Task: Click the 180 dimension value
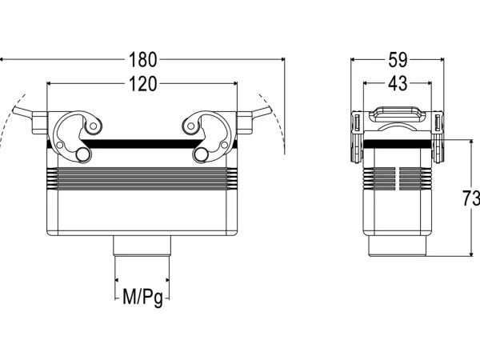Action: [142, 60]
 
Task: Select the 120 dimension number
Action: [142, 84]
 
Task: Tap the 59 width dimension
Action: [398, 60]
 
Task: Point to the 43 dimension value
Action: [398, 83]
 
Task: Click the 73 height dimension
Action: [471, 198]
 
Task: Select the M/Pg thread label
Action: [142, 297]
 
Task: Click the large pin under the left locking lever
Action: [82, 154]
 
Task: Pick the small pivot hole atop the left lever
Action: [94, 126]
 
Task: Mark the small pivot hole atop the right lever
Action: [191, 126]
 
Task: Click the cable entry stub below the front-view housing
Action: [142, 246]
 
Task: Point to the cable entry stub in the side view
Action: [397, 246]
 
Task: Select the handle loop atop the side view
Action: [398, 114]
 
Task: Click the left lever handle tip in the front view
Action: [16, 110]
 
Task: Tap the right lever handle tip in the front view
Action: [269, 110]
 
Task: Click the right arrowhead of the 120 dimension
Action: [234, 83]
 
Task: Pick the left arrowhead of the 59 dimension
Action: [353, 60]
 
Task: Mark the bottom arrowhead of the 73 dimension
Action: [471, 254]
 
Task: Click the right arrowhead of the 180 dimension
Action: [282, 59]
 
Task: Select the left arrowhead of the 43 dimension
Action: [366, 83]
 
